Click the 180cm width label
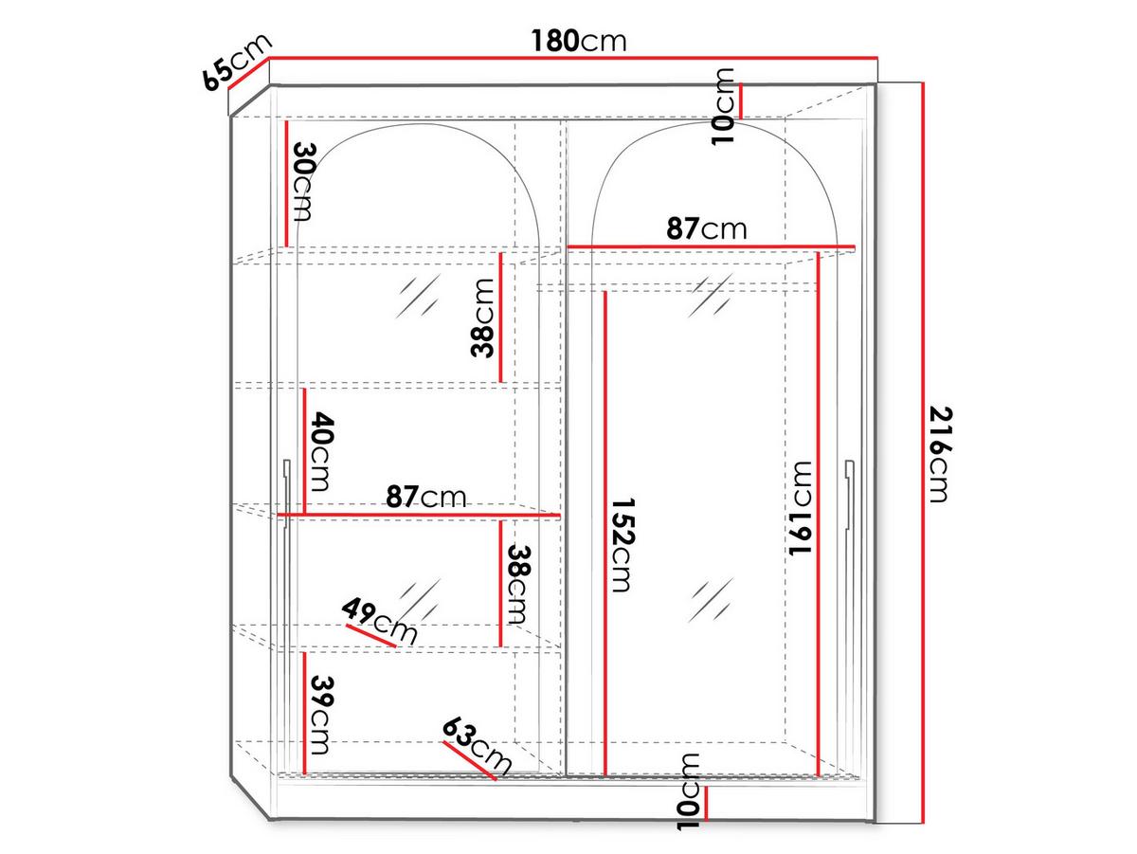click(x=579, y=42)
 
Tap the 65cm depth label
click(x=236, y=63)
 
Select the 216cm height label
click(x=940, y=455)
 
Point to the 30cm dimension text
click(x=303, y=182)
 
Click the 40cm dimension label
click(x=319, y=451)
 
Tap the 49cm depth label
click(x=380, y=621)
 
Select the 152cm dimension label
click(x=622, y=545)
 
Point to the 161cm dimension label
click(x=800, y=508)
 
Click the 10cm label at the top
click(x=723, y=106)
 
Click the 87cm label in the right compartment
click(x=707, y=228)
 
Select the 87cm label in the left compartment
click(x=425, y=497)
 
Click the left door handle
click(x=286, y=495)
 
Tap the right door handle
click(x=849, y=495)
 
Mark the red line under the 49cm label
click(x=370, y=636)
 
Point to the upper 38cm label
click(x=482, y=318)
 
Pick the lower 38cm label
click(x=519, y=584)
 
